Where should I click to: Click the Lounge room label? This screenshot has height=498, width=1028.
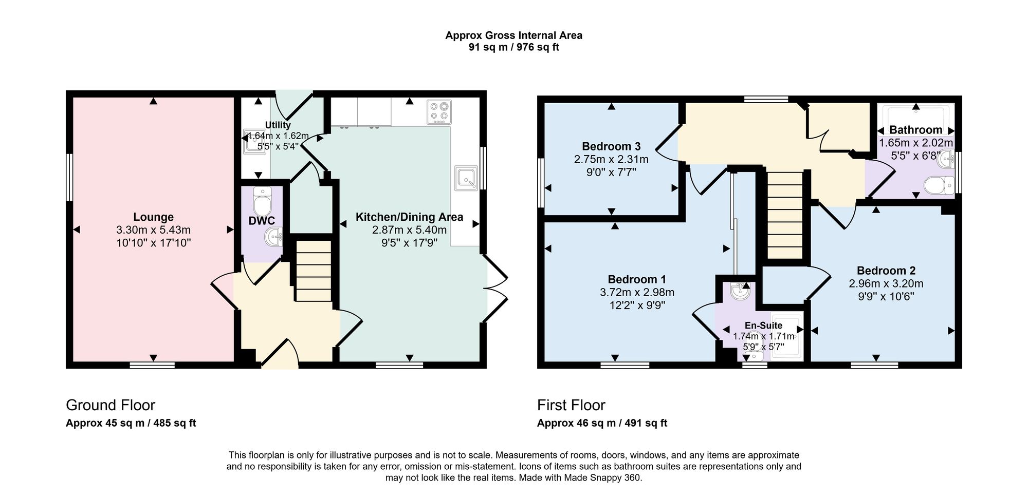point(153,217)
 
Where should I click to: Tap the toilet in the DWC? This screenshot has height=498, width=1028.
point(262,202)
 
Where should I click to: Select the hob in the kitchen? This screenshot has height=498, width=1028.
point(439,112)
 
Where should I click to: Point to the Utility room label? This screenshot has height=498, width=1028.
point(278,125)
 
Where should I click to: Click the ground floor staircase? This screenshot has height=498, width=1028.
point(314,271)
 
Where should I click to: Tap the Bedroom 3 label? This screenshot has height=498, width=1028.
point(611,147)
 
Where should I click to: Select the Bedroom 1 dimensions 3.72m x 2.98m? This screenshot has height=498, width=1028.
point(637,293)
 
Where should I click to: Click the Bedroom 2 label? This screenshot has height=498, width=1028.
point(886,271)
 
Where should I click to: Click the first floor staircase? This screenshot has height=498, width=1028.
point(785,215)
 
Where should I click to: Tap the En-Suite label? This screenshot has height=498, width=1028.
point(764,325)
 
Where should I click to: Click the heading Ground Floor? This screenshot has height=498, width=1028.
point(111,406)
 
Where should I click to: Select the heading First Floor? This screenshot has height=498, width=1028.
point(572,406)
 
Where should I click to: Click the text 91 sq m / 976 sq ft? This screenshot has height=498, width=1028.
point(514,48)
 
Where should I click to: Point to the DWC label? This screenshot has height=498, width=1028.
point(262,221)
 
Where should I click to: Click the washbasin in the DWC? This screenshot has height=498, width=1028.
point(273,237)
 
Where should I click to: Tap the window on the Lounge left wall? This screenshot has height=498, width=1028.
point(69,178)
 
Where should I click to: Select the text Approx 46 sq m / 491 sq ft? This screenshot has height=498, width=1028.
point(602,423)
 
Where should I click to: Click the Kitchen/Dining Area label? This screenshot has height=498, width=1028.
point(410,217)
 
